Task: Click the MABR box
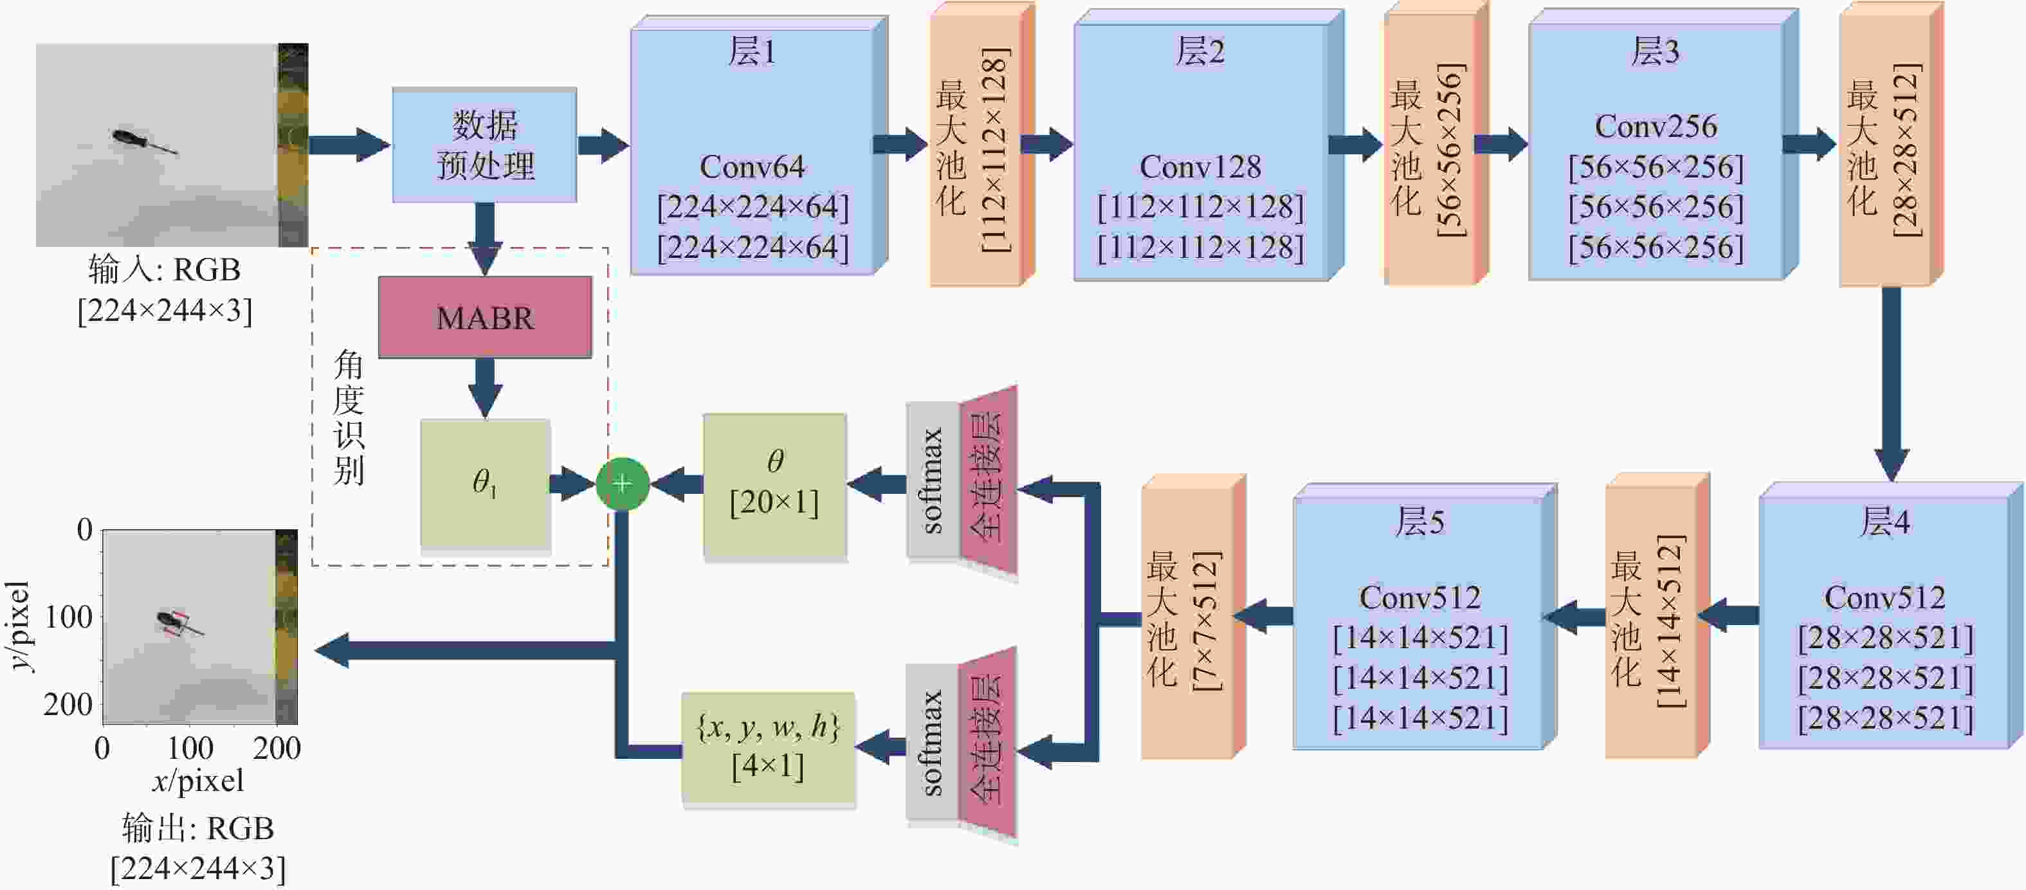(484, 317)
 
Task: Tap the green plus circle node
(622, 484)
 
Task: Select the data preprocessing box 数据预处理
(484, 145)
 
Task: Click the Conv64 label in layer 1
(752, 167)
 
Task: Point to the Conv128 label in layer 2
(1200, 167)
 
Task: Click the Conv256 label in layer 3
(1656, 126)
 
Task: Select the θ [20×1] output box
(774, 484)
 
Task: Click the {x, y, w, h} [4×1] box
(767, 747)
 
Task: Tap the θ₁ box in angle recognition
(484, 482)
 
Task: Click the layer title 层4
(1885, 522)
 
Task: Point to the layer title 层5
(1419, 522)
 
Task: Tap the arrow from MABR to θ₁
(484, 388)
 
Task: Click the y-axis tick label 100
(68, 617)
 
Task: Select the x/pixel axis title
(198, 781)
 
